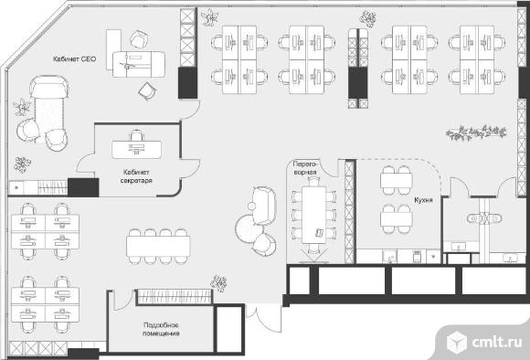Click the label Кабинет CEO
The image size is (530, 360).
[x=74, y=58]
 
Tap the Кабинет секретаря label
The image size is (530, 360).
[x=136, y=176]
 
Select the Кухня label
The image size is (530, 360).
[x=423, y=200]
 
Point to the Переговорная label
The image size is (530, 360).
[x=305, y=167]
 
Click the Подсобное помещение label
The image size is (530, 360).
[x=161, y=329]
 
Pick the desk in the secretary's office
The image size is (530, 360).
[x=136, y=150]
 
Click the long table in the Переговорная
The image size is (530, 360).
[x=314, y=215]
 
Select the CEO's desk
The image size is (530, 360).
[x=139, y=64]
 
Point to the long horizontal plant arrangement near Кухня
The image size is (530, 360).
[x=476, y=132]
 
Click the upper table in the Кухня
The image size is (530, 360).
[x=397, y=180]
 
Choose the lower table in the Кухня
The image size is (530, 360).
[x=397, y=219]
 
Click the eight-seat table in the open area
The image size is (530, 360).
[x=158, y=247]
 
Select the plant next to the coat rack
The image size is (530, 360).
[x=218, y=283]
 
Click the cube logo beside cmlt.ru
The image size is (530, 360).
[x=456, y=342]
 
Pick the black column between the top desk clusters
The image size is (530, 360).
[x=358, y=82]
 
